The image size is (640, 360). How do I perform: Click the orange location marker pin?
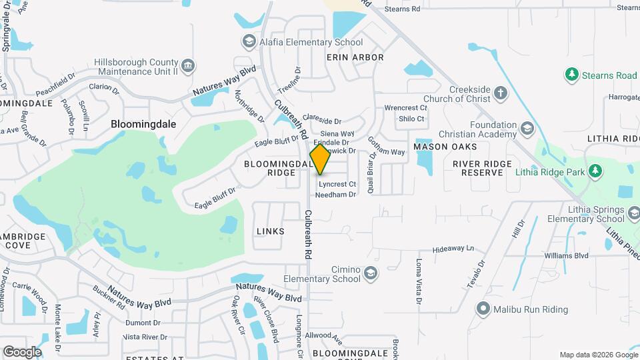(x=320, y=159)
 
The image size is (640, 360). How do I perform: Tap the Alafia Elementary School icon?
(x=249, y=42)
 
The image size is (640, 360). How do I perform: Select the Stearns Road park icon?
(x=571, y=75)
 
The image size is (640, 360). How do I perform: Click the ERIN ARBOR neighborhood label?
(x=355, y=57)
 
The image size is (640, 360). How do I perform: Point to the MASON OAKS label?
(x=445, y=146)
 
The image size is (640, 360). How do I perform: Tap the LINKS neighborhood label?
(x=270, y=231)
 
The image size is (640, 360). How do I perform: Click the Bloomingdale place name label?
(x=138, y=124)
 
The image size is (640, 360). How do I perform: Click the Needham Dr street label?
(x=337, y=194)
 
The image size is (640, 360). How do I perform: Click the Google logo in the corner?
(x=21, y=351)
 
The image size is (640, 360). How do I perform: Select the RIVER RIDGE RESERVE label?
(x=482, y=168)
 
